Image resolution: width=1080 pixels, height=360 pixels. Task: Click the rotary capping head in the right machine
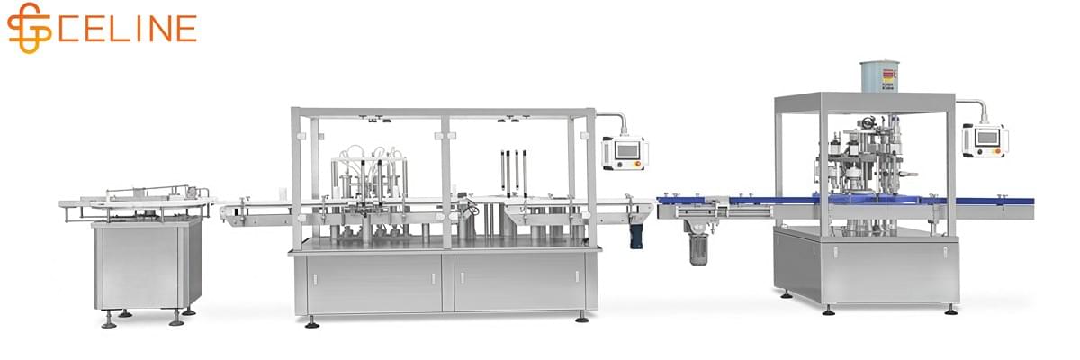point(868,157)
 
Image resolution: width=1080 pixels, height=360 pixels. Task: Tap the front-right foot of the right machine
point(951,310)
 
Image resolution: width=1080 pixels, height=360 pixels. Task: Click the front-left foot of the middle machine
point(311,321)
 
